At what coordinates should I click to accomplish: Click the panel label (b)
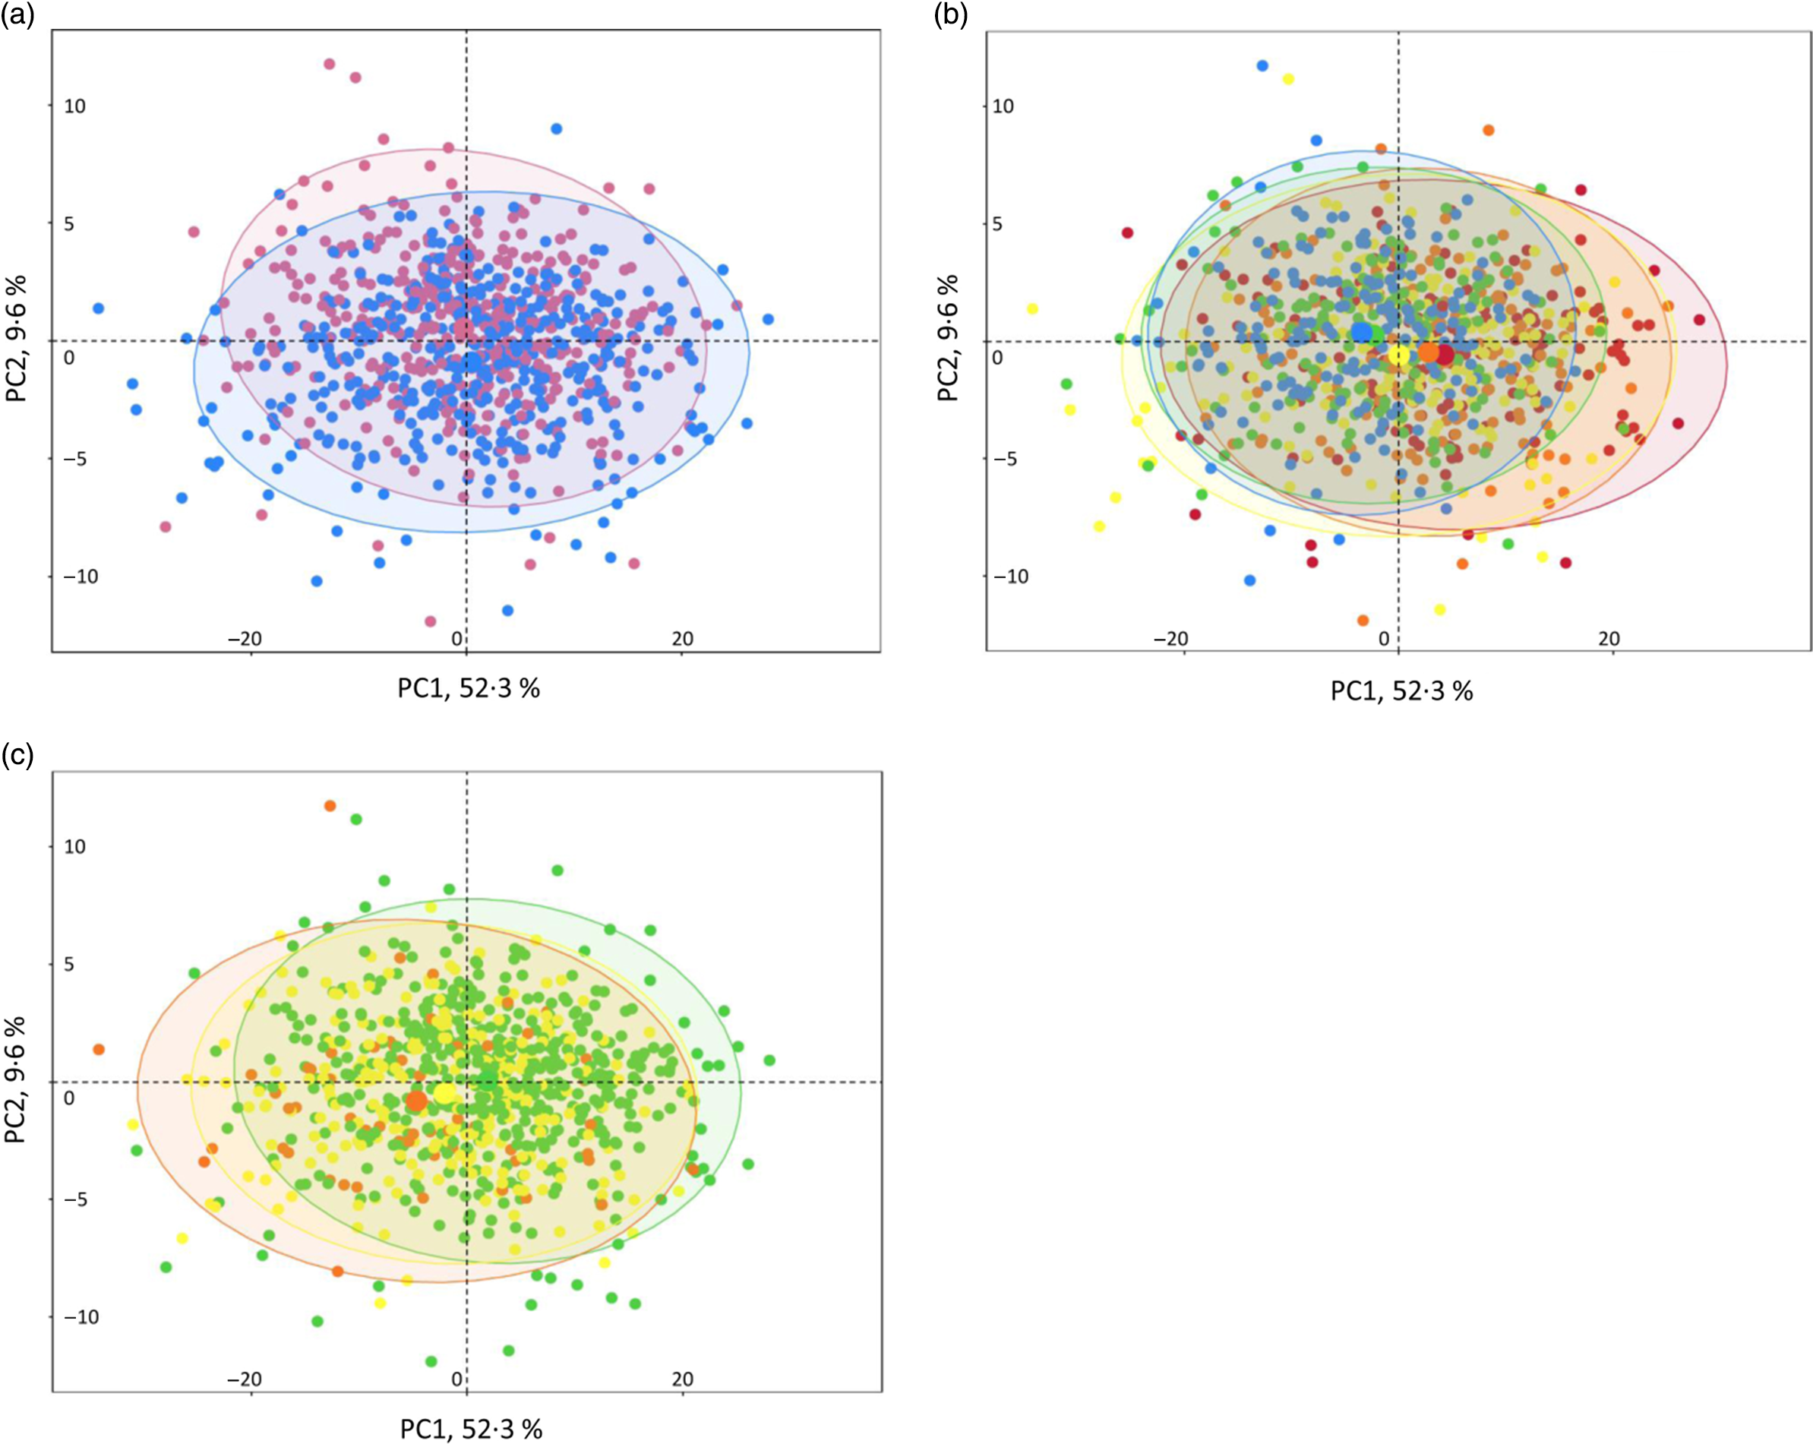coord(951,16)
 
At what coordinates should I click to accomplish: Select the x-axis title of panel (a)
coord(469,689)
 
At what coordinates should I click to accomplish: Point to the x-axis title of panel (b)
coord(1402,691)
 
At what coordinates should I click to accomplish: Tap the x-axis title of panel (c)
coord(471,1429)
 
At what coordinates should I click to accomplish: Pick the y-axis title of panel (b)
coord(950,338)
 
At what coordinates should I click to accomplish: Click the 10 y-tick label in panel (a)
coord(74,106)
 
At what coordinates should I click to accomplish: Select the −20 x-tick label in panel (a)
coord(245,639)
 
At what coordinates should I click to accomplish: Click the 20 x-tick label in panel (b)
coord(1609,639)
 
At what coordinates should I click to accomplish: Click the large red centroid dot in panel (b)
coord(1444,355)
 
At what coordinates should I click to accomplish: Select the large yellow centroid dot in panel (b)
coord(1398,355)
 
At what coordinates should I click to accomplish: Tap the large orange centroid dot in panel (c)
coord(416,1100)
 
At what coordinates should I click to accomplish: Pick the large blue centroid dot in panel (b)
coord(1361,332)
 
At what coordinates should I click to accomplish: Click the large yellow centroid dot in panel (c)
coord(444,1093)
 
